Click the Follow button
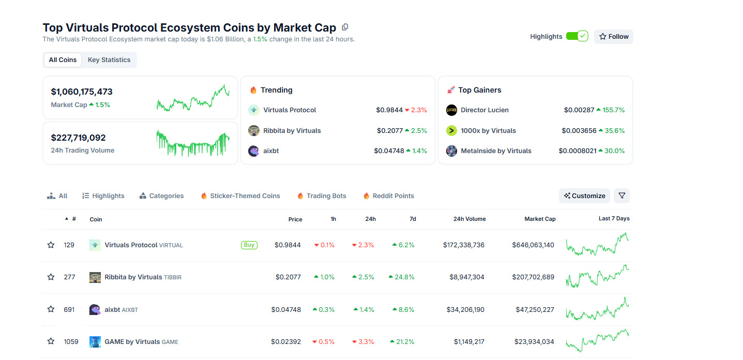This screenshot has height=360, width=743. [613, 37]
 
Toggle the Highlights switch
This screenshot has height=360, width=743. [577, 36]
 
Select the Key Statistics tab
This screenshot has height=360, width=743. [109, 60]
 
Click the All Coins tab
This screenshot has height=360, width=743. [63, 60]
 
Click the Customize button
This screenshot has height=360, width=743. [584, 196]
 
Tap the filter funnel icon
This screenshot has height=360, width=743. [621, 196]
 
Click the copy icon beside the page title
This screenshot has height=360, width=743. [345, 27]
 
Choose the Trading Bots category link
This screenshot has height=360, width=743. [326, 196]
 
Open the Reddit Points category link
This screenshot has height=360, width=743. [393, 196]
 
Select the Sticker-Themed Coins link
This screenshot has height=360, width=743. [245, 196]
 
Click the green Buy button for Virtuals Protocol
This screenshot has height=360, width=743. [249, 245]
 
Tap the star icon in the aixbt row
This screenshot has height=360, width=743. [51, 309]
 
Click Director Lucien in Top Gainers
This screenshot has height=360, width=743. [484, 110]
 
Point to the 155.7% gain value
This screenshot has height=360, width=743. [613, 110]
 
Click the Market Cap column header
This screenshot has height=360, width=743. [540, 219]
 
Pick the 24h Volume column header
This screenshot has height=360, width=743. [469, 219]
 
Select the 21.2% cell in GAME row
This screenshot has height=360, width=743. [405, 342]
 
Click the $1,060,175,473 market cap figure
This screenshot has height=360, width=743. [82, 92]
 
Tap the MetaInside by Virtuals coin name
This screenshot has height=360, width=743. [496, 151]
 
